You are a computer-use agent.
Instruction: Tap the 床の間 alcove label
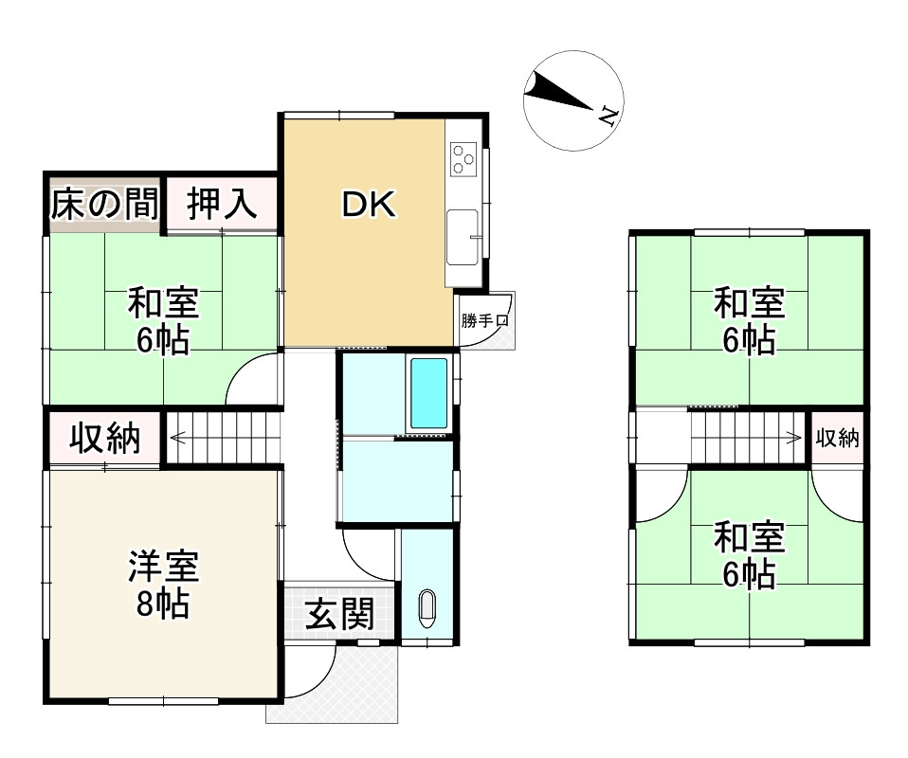coord(104,205)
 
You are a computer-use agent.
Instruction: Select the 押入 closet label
coord(222,205)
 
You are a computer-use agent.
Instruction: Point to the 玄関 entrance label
coord(338,615)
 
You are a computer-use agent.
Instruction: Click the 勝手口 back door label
coord(485,320)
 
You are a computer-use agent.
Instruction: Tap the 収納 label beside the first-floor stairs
coord(105,439)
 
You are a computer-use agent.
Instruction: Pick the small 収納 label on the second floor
coord(837,438)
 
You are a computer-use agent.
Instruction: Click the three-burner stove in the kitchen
coord(464,158)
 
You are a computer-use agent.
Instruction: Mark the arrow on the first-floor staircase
coord(180,438)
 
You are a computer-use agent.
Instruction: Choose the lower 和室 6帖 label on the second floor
coord(749,555)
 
